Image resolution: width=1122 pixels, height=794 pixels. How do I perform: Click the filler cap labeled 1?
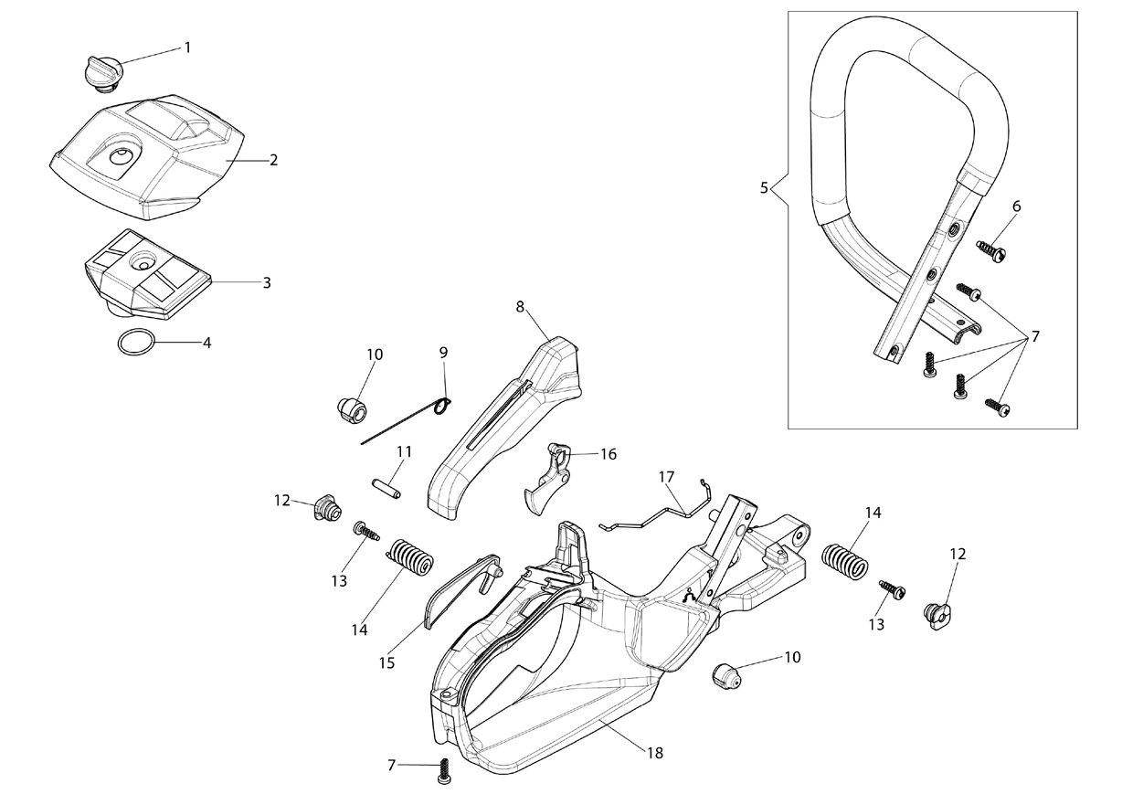coord(101,74)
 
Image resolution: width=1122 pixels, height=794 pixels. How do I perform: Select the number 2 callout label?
coord(273,160)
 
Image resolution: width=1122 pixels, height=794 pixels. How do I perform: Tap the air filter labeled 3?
coord(148,274)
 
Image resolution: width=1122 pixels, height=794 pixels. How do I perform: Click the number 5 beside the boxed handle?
coord(764,188)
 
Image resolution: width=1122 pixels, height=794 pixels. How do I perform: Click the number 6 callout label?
coord(1016,206)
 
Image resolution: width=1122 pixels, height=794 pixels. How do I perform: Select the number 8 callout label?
coord(520,307)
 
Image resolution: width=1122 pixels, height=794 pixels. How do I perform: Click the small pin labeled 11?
coord(386,489)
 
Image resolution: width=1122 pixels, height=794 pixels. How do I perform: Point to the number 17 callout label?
coord(667,476)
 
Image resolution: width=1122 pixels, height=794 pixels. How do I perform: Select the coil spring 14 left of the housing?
coord(409,558)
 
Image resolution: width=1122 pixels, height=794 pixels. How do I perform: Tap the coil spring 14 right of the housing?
coord(845,562)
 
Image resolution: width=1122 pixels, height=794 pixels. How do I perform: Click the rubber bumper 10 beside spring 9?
coord(351,411)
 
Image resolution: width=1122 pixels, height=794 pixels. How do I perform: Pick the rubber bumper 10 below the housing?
coord(725,675)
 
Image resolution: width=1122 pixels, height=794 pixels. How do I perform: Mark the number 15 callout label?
coord(386,662)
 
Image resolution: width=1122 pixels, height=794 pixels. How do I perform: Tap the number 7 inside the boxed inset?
coord(1035,336)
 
